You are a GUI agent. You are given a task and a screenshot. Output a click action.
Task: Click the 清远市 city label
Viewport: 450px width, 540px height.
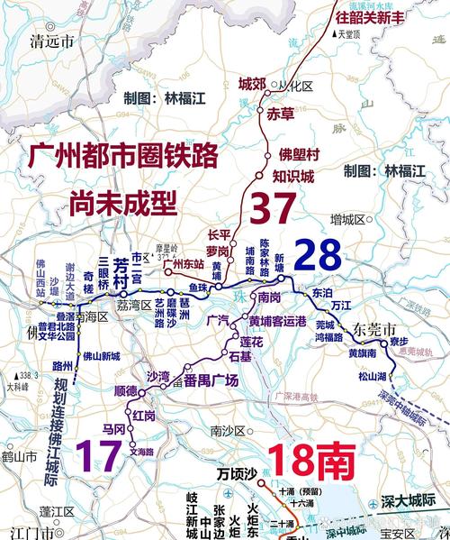(x=53, y=41)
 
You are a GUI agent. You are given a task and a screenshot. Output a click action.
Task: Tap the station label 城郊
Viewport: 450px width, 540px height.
(x=252, y=86)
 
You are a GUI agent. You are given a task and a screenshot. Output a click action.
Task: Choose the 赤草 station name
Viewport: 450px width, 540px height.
(x=281, y=114)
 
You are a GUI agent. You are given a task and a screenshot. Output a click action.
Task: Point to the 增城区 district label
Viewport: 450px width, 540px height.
(x=347, y=219)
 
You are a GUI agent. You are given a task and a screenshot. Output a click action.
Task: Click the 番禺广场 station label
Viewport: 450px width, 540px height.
(x=211, y=381)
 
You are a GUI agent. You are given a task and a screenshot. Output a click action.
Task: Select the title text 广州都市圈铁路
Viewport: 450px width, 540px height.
(x=123, y=156)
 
